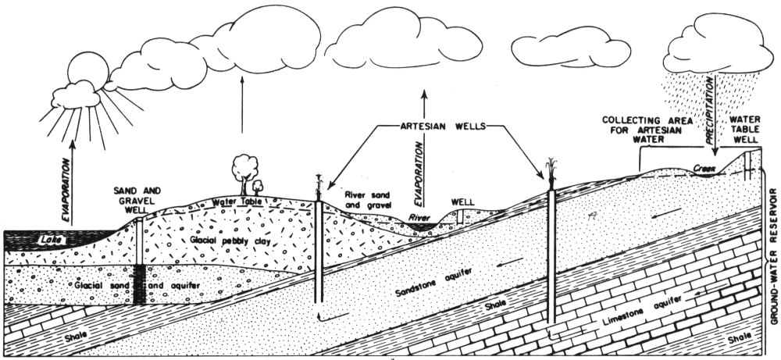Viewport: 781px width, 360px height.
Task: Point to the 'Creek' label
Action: coord(704,167)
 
